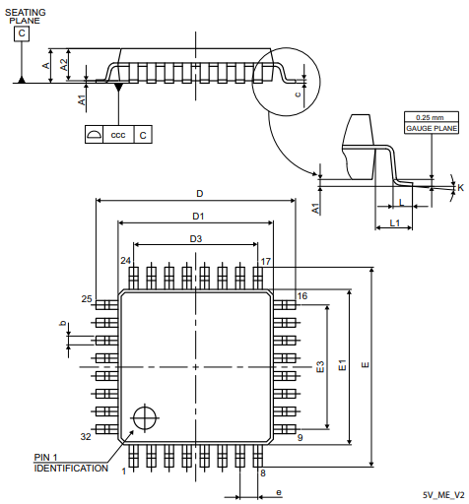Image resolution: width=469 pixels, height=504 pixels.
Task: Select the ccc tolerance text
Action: (117, 134)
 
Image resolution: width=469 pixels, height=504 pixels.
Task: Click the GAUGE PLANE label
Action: (432, 128)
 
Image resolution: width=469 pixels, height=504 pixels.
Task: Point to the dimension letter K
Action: (460, 186)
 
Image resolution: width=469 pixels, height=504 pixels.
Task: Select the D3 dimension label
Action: (195, 238)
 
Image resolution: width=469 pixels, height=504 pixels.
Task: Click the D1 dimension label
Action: (197, 216)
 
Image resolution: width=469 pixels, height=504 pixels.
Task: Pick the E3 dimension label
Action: (320, 366)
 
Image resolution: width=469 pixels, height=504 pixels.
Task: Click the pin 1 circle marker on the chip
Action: (146, 417)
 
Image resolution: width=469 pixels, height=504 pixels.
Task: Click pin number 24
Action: (126, 261)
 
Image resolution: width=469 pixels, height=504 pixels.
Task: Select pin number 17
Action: (266, 261)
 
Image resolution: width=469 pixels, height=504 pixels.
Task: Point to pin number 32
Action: (86, 435)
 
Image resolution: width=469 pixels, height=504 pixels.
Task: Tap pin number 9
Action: (300, 436)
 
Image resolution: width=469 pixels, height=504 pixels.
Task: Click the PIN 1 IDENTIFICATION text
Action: (71, 463)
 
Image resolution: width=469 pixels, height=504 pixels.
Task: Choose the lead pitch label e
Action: (279, 491)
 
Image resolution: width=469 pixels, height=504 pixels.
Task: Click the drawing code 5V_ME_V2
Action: (443, 494)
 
